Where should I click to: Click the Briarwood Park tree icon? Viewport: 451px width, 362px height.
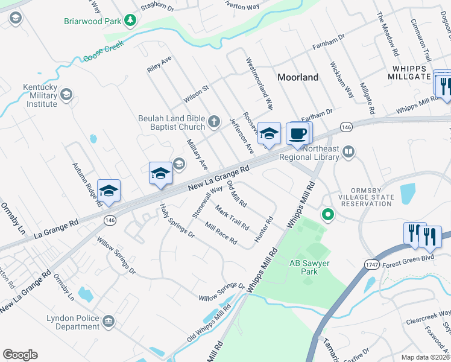(x=130, y=21)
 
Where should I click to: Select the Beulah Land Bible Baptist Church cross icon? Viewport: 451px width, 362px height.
(x=214, y=123)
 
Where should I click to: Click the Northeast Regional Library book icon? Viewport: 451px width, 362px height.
(x=348, y=153)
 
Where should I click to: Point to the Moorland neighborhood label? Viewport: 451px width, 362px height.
(x=298, y=77)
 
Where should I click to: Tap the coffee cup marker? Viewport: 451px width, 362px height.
(x=298, y=134)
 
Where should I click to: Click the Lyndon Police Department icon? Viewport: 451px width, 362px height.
(x=109, y=320)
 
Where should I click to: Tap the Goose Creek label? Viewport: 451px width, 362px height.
(x=104, y=51)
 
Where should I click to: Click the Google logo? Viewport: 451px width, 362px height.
(x=20, y=355)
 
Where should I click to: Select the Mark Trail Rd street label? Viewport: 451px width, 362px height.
(x=232, y=218)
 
